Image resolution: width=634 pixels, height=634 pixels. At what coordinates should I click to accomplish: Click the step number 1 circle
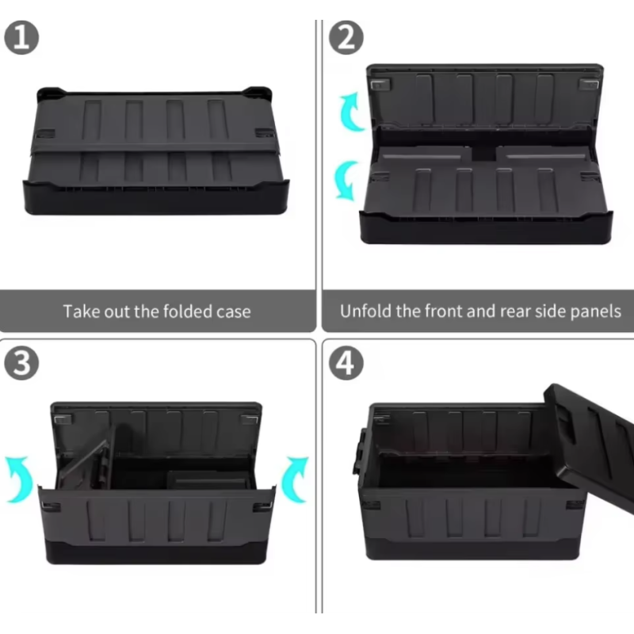tap(21, 37)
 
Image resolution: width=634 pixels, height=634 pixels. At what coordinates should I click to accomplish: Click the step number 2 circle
tap(346, 37)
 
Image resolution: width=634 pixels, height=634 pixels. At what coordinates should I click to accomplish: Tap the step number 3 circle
tap(21, 363)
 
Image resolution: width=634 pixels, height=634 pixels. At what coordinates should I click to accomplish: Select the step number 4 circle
tap(346, 363)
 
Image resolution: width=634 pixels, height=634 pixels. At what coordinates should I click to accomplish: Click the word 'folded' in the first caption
tap(183, 311)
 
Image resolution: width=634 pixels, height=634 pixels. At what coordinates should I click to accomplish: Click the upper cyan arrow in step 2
tap(351, 112)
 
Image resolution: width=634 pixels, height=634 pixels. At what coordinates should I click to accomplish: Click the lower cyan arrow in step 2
tap(346, 181)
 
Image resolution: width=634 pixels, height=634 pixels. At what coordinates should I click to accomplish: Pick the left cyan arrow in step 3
tap(21, 479)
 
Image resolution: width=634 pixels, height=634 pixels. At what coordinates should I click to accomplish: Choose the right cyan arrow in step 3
tap(294, 479)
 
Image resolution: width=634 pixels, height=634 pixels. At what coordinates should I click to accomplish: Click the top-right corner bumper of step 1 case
tap(259, 93)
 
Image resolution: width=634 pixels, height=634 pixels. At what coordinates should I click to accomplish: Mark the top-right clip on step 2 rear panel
tap(588, 85)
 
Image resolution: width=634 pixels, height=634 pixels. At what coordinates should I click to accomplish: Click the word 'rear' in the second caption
tap(515, 311)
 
